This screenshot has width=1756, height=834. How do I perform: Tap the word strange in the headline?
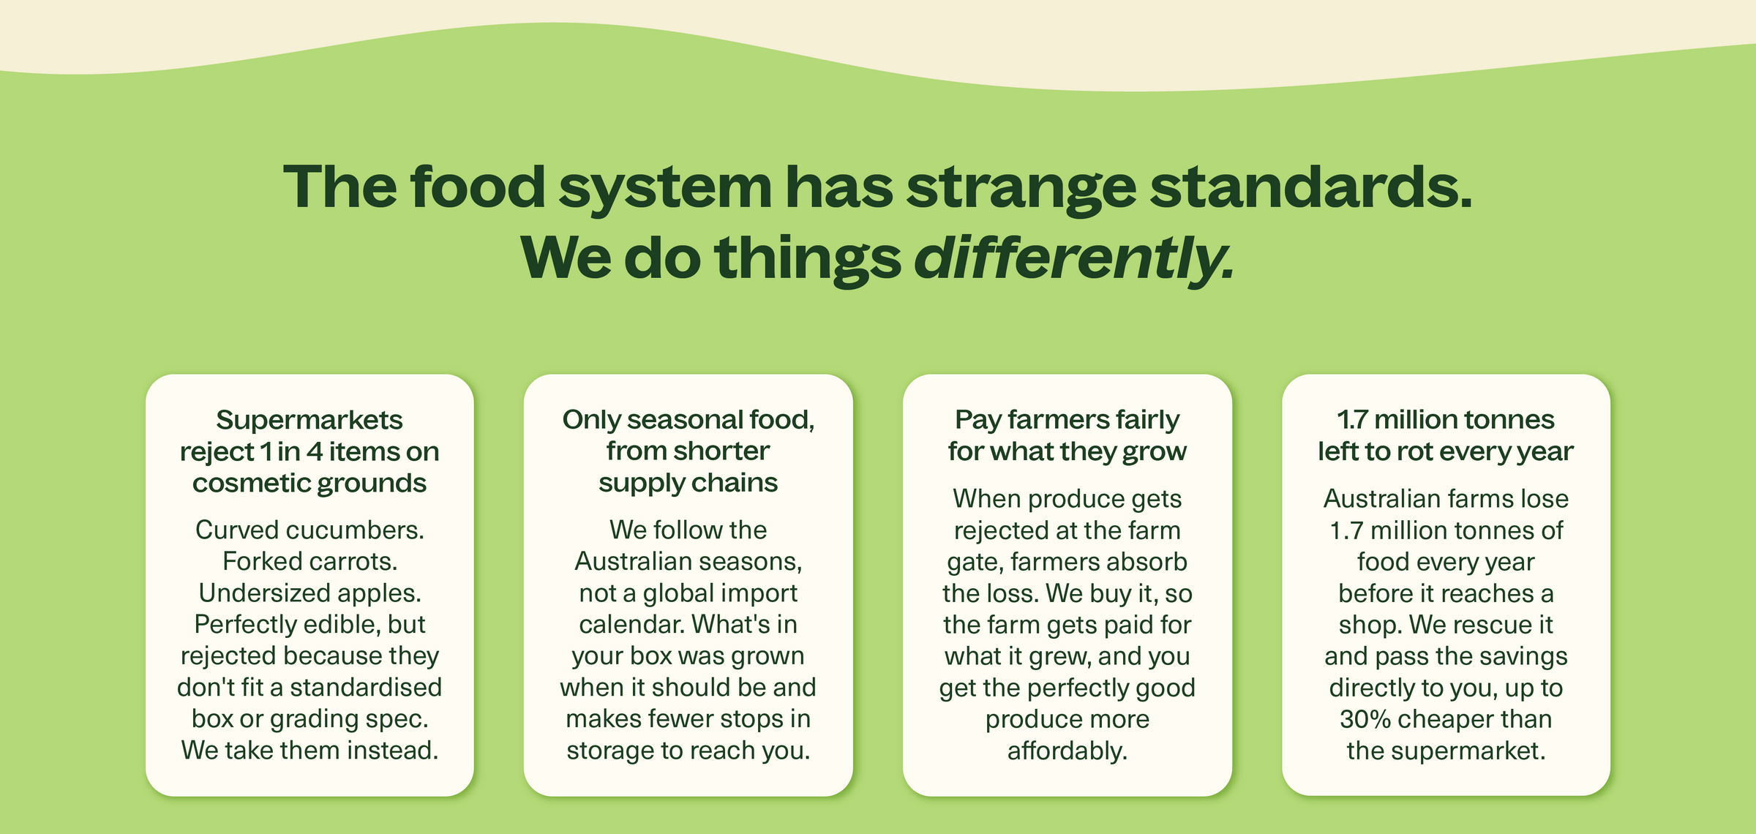pos(1021,188)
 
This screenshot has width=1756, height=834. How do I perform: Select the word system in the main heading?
pos(665,188)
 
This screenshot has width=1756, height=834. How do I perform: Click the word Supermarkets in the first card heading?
pos(309,420)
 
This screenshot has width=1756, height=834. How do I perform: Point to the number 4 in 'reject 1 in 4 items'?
pos(315,451)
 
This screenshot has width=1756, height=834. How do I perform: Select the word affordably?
pos(1068,751)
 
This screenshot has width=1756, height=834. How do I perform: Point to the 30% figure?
pos(1365,719)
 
